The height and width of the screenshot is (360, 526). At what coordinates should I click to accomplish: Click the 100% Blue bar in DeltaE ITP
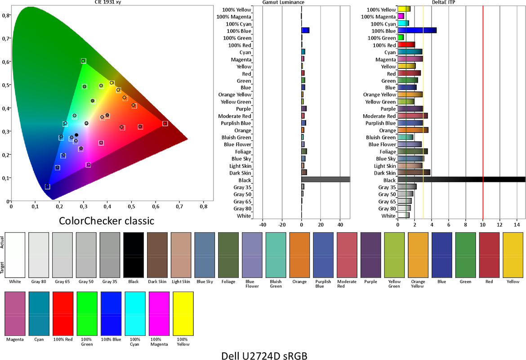point(417,31)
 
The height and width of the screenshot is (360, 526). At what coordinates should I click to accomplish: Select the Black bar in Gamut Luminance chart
point(326,180)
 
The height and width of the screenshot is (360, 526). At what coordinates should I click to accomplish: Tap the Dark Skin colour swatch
point(157,255)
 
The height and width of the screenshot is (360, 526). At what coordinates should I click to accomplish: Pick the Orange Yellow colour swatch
point(418,255)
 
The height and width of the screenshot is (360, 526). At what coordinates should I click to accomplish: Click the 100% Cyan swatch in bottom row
point(135,313)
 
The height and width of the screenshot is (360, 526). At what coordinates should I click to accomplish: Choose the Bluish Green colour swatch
point(276,255)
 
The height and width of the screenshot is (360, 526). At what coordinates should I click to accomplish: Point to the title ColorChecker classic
point(107,220)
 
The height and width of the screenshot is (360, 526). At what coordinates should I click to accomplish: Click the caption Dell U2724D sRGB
point(264,355)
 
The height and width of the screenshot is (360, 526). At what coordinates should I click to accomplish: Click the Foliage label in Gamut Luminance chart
point(243,152)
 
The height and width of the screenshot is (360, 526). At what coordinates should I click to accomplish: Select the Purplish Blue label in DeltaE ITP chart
point(380,123)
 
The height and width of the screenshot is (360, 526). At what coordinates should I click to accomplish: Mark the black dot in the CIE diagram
point(76,135)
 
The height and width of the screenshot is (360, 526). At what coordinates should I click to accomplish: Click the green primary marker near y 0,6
point(83,61)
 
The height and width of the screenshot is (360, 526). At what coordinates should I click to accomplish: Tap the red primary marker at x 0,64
point(165,124)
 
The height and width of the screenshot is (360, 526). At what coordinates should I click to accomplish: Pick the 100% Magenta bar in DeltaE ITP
point(401,17)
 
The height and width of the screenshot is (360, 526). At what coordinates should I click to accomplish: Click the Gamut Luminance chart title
point(283,2)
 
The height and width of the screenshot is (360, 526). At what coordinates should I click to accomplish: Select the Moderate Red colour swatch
point(347,255)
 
